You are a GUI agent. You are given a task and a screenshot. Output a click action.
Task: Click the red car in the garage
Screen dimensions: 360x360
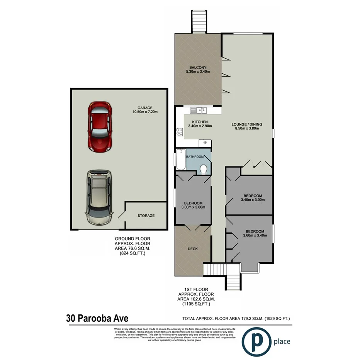(x=100, y=127)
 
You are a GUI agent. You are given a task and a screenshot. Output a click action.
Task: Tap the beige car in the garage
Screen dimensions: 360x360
(x=99, y=197)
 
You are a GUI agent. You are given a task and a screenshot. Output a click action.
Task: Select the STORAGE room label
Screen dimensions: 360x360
(x=146, y=216)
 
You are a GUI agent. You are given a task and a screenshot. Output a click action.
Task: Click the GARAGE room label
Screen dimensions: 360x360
(x=145, y=108)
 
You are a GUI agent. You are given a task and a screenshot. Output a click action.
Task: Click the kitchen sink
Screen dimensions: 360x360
(x=201, y=110)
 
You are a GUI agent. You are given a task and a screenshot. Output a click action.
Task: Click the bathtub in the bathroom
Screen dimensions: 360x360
(x=181, y=159)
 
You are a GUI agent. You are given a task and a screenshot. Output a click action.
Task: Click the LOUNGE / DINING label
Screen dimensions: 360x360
(x=246, y=124)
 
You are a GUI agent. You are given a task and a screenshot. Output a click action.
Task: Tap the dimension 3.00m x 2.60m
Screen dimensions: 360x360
(x=193, y=207)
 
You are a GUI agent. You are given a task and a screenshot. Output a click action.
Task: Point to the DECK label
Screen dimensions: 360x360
(x=192, y=249)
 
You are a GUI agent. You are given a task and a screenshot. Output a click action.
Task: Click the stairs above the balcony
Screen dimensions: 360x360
(x=199, y=22)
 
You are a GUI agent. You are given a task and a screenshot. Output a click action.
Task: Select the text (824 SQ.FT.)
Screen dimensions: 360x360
(x=132, y=254)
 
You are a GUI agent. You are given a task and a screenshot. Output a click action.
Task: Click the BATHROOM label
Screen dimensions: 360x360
(x=195, y=156)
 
